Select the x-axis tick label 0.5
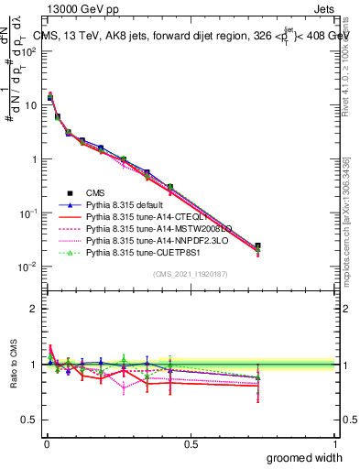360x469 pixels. pyautogui.click(x=191, y=442)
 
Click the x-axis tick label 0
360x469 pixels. pyautogui.click(x=47, y=442)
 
